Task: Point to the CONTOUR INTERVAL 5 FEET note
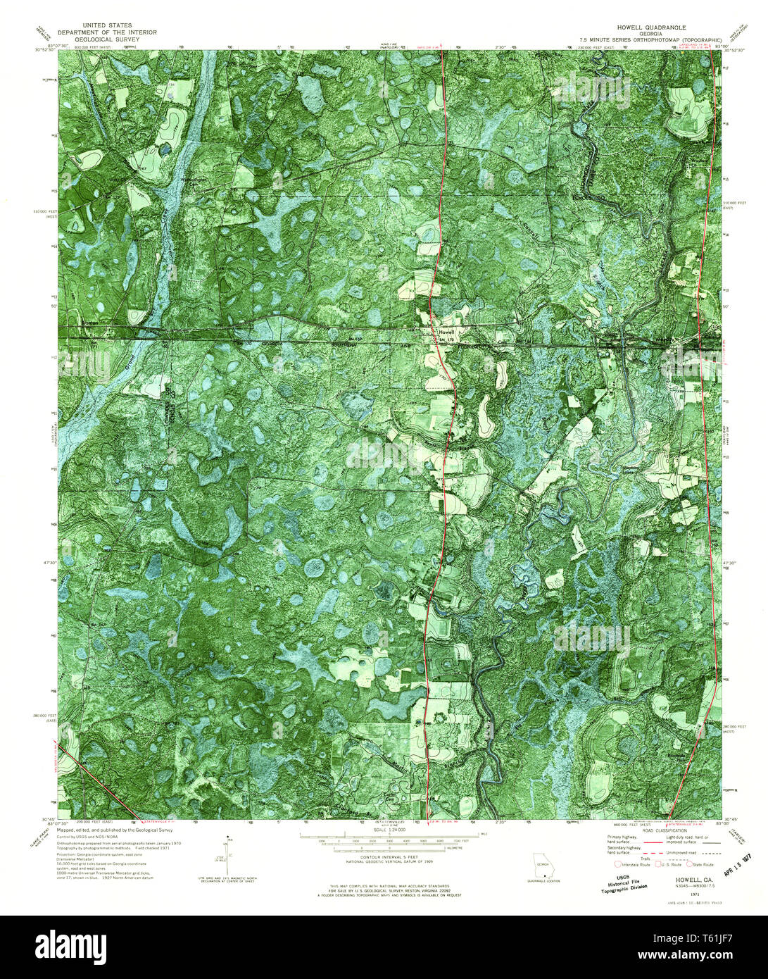[384, 857]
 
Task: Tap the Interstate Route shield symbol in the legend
[617, 863]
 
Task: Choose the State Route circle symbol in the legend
[691, 863]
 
